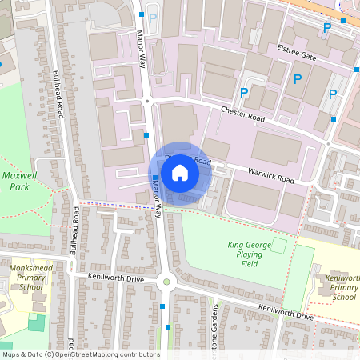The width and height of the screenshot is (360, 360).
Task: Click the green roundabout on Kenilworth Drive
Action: [x=166, y=281]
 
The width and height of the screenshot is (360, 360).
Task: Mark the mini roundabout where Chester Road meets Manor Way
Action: [x=147, y=101]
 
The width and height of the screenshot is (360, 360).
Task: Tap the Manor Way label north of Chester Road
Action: [x=142, y=50]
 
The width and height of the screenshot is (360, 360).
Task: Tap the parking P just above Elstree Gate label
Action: [x=326, y=28]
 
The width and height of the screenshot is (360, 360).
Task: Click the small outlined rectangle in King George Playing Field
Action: [x=278, y=246]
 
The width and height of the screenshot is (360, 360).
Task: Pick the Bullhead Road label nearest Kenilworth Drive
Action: [x=77, y=226]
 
